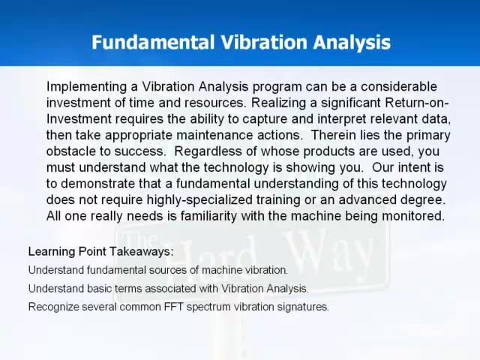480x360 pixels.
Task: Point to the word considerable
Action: tap(398, 87)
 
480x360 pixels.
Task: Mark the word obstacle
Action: tap(71, 151)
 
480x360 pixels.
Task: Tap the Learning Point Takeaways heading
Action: tap(100, 251)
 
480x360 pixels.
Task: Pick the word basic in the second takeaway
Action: tap(101, 289)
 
